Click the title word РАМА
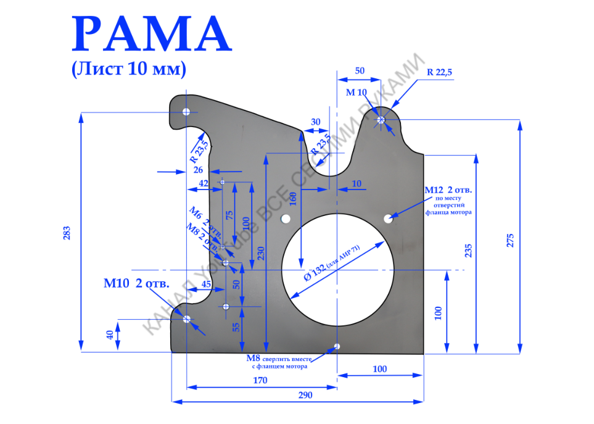152,35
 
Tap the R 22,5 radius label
439,72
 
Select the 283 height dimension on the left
67,233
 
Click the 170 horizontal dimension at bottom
260,380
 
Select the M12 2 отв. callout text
449,189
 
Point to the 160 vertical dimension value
292,199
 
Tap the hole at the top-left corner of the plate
186,112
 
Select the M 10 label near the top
356,93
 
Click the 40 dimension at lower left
110,335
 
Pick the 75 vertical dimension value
229,215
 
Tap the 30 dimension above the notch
316,122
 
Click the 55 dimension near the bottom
236,327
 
